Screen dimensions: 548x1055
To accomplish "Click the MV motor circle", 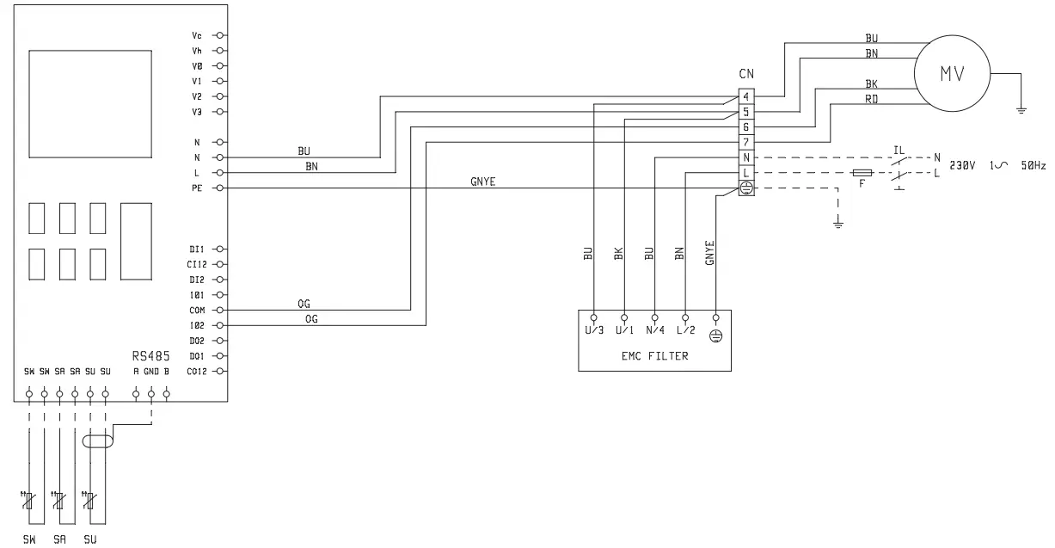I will pos(952,75).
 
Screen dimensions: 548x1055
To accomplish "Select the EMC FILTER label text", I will pos(654,355).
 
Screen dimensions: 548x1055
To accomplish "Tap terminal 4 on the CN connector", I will pos(746,96).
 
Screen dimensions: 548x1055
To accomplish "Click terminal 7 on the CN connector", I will pos(746,142).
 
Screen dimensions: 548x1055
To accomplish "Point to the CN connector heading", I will pos(746,75).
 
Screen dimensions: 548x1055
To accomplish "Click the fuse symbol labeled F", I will pos(862,173).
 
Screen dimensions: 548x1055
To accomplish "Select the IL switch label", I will pos(899,150).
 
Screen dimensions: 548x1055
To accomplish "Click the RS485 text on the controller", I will pos(150,354).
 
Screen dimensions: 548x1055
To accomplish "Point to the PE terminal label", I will pos(197,188).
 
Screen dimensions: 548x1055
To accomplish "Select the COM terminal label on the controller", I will pos(195,310).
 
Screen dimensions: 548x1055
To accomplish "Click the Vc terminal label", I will pos(197,35).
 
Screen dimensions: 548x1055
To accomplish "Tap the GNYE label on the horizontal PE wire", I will pos(482,182).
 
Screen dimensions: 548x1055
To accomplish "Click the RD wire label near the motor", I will pos(871,99).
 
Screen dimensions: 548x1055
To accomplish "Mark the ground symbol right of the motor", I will pos(1021,108).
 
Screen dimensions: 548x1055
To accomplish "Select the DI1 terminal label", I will pos(195,249).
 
